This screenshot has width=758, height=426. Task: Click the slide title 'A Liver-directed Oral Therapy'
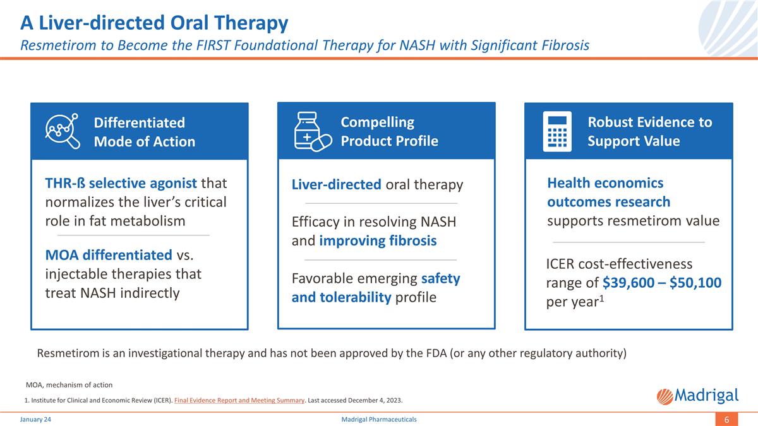[x=154, y=23]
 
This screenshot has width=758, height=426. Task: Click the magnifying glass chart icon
[x=62, y=131]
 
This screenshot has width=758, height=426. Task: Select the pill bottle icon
[x=312, y=131]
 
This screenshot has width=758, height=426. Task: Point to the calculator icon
[x=556, y=131]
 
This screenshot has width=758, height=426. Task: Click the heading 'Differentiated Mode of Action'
[x=144, y=132]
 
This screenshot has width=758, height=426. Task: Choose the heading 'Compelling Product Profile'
[x=389, y=131]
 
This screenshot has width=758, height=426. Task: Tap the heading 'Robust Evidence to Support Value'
[x=649, y=131]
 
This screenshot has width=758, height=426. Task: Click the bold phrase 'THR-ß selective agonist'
[x=121, y=183]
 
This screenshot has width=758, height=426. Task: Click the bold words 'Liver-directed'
[x=336, y=185]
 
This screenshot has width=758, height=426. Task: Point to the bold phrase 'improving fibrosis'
[x=378, y=240]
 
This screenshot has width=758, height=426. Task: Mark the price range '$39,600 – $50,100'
[x=662, y=283]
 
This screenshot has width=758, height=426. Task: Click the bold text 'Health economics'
[x=605, y=183]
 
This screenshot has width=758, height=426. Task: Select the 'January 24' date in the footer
[x=35, y=420]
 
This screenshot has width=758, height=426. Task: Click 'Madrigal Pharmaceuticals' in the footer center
[x=378, y=420]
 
